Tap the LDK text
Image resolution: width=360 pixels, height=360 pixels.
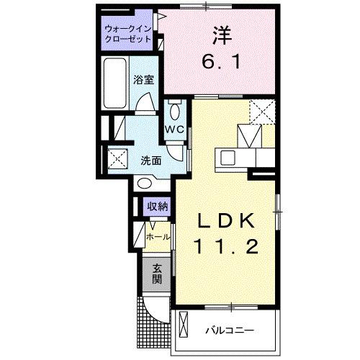(x=224, y=219)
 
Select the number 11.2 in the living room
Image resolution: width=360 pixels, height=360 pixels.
(x=224, y=246)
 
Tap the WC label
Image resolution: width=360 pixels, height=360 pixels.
(x=176, y=130)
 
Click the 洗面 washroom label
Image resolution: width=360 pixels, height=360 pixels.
(x=150, y=160)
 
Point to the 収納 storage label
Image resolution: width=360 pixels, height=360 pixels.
(x=158, y=207)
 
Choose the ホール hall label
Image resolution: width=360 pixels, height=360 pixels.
(x=158, y=236)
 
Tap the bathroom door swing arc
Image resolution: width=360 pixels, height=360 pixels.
(x=146, y=107)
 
